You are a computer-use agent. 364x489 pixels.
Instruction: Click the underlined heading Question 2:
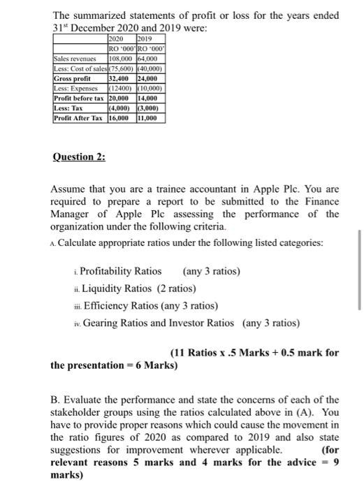(x=79, y=156)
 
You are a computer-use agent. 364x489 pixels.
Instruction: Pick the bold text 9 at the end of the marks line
(x=335, y=462)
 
